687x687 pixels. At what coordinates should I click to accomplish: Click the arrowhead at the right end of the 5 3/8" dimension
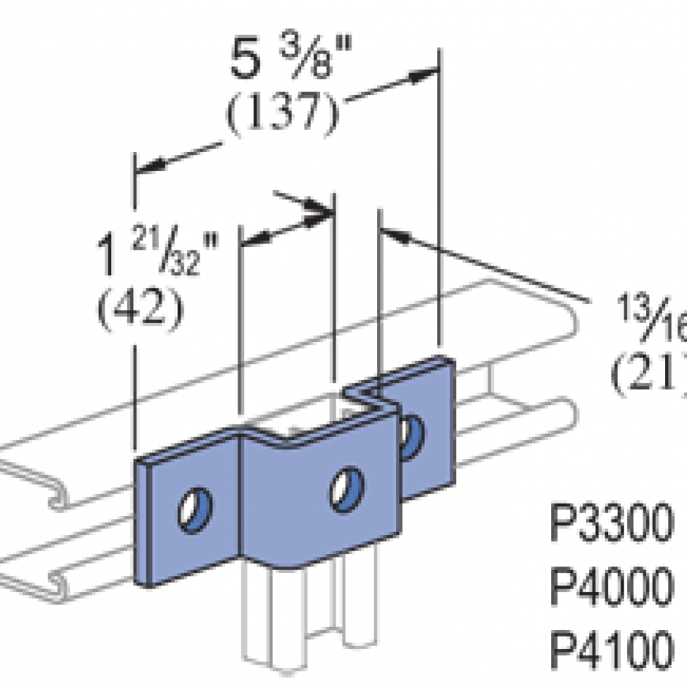[x=425, y=74]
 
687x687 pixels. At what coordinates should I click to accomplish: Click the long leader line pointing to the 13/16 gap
[x=497, y=267]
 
